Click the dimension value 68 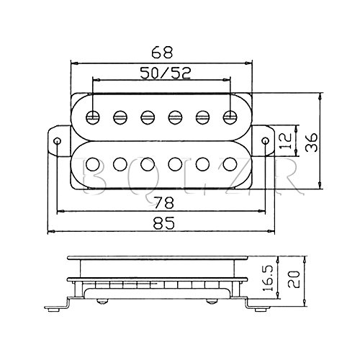162,52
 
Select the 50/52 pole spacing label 165,73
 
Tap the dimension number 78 163,202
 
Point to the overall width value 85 163,222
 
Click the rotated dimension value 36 311,143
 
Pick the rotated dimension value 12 286,140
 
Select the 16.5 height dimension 268,278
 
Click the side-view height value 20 294,279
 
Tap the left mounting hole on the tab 58,140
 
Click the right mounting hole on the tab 265,140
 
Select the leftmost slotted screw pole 93,117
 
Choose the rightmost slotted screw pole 230,117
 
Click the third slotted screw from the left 148,117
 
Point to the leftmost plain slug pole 93,164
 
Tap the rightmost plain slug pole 230,164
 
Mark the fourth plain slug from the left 175,164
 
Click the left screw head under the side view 102,301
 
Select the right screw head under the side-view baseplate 212,301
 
